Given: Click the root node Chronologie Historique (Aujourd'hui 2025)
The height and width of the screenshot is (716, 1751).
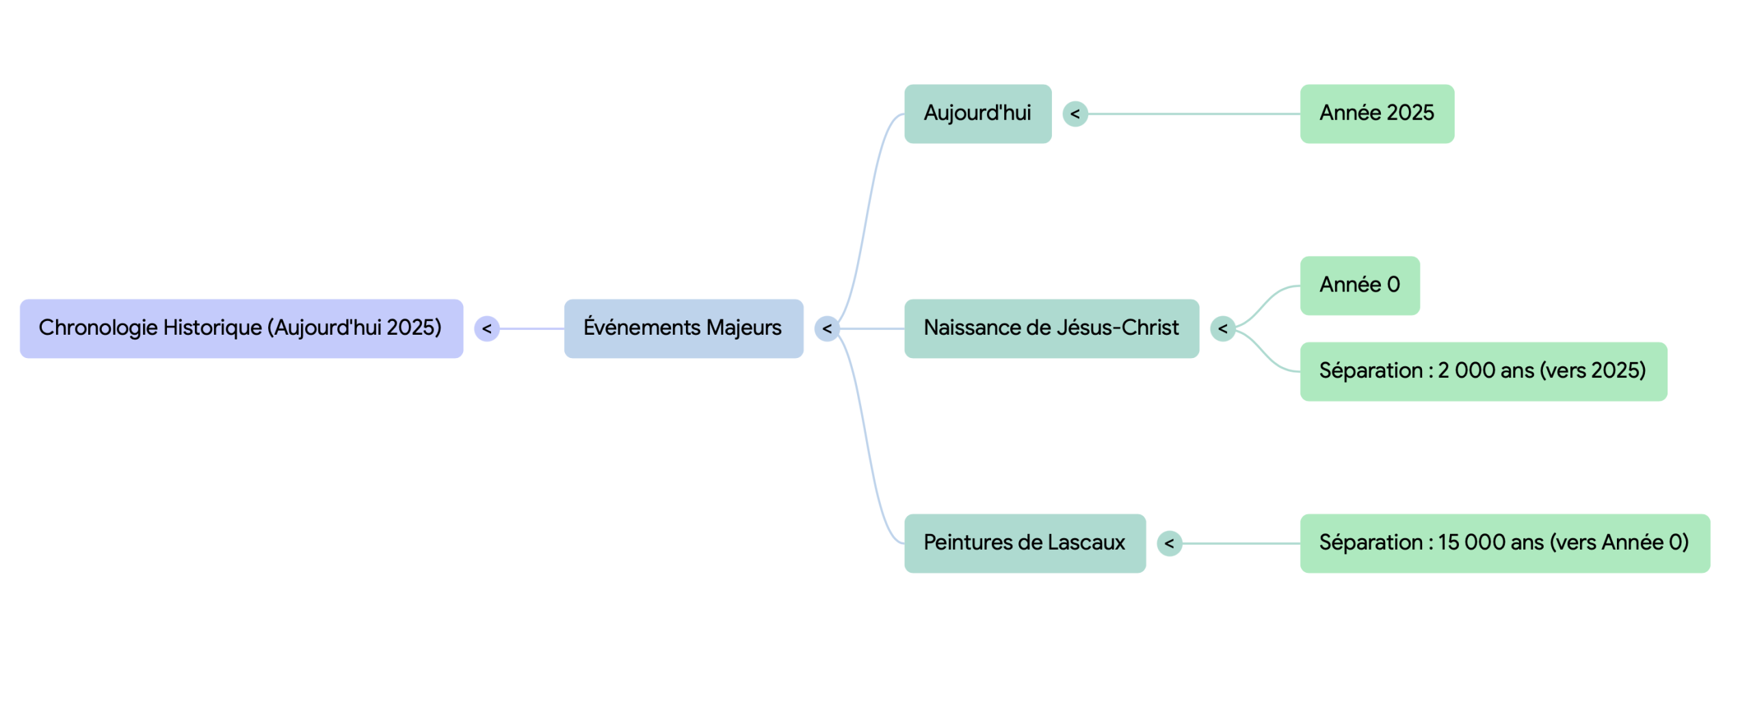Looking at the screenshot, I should [x=241, y=328].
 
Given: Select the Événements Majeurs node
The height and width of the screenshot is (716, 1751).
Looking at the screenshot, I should [x=683, y=328].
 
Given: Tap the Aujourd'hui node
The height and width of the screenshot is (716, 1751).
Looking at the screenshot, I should [x=977, y=114].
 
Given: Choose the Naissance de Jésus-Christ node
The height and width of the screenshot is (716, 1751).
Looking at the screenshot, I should [x=1051, y=328].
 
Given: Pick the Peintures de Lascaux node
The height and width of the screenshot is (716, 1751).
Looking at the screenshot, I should [x=1024, y=543].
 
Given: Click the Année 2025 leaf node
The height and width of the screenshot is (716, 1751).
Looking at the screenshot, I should [x=1376, y=114].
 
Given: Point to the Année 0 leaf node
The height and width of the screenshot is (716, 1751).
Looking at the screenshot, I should [x=1359, y=285].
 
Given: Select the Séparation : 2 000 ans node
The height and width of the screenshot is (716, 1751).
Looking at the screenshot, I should [x=1482, y=371].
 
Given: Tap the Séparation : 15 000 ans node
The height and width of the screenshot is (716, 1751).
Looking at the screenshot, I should [x=1504, y=543].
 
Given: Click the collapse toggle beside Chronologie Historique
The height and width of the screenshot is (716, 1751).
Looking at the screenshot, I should [x=486, y=329].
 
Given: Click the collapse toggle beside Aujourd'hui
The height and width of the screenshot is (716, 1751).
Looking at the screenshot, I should [x=1075, y=114].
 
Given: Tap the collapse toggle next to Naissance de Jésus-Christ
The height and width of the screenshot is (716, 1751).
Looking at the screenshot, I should [x=1222, y=329].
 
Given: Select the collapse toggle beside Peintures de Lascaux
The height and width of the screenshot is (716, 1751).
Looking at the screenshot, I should [x=1169, y=544].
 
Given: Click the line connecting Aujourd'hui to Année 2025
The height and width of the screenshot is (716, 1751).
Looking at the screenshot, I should [x=1194, y=114].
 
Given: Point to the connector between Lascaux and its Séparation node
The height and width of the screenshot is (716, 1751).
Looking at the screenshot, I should [x=1241, y=544].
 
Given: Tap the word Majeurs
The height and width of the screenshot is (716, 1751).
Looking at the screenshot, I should [x=743, y=328].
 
